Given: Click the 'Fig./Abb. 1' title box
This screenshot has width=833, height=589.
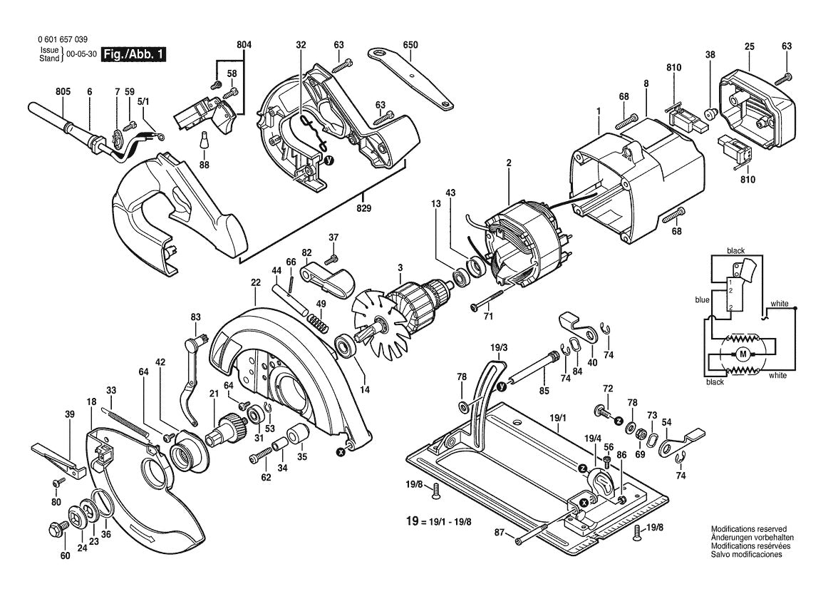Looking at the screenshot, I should click(134, 55).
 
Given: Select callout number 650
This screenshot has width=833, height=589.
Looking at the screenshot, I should click(410, 46).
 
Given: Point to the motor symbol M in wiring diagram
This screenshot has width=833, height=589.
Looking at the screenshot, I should click(743, 354).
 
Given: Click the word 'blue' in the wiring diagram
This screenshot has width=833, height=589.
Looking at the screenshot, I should click(702, 300).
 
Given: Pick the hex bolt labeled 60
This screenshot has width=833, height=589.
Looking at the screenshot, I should click(55, 530).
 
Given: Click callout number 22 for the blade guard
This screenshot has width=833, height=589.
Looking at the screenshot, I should click(254, 282).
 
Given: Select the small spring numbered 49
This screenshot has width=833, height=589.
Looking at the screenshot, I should click(322, 325).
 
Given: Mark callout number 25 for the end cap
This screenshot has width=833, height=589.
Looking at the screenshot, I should click(749, 46).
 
